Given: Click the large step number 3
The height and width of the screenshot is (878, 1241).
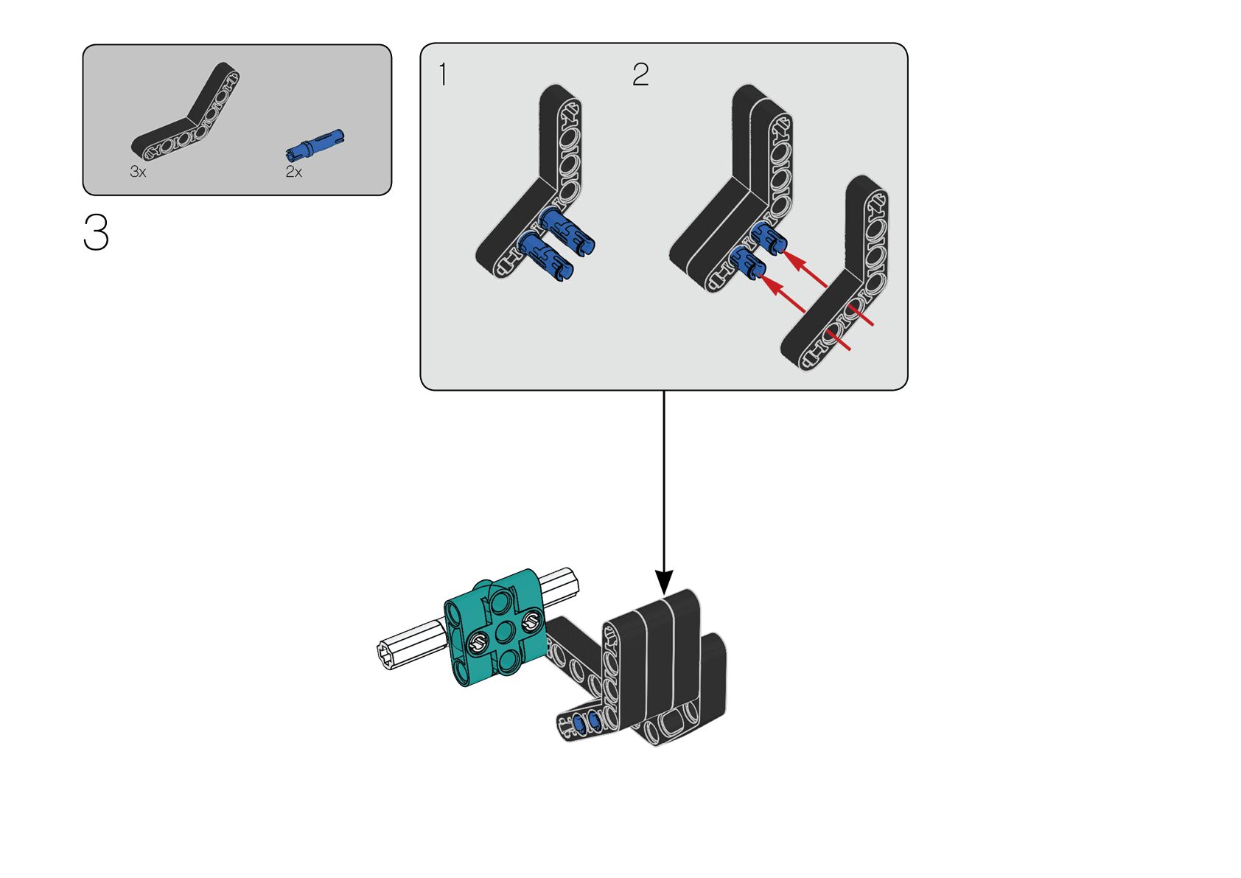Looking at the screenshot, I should coord(96,232).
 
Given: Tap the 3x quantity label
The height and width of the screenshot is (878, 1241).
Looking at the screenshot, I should coord(138,172).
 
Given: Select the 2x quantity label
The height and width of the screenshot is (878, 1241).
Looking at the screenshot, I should coord(293,172).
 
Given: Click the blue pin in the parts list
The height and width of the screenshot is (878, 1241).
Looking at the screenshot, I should coord(315,144).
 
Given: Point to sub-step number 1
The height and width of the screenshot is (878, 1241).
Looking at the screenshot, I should coord(442,74).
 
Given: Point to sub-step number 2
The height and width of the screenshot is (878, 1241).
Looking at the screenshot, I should coord(640,74).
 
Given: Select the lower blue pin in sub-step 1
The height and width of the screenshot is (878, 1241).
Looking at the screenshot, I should coord(546,258).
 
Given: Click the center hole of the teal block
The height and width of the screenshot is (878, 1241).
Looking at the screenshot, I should coord(504,633).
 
